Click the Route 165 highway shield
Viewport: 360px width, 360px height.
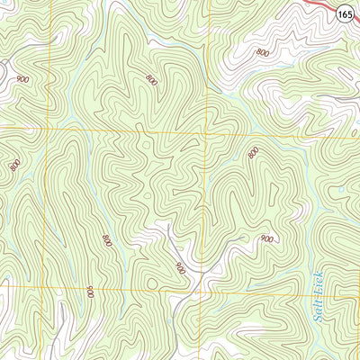[x=345, y=14]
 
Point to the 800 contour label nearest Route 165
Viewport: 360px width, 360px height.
[x=262, y=53]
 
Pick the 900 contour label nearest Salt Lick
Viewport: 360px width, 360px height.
[x=266, y=239]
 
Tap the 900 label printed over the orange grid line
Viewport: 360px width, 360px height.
[x=90, y=292]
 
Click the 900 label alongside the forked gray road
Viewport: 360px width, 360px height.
[x=180, y=267]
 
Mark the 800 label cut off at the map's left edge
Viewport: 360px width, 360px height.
[x=14, y=165]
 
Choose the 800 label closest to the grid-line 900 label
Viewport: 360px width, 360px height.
[x=106, y=240]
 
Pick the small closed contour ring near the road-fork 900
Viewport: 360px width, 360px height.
[x=145, y=194]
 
